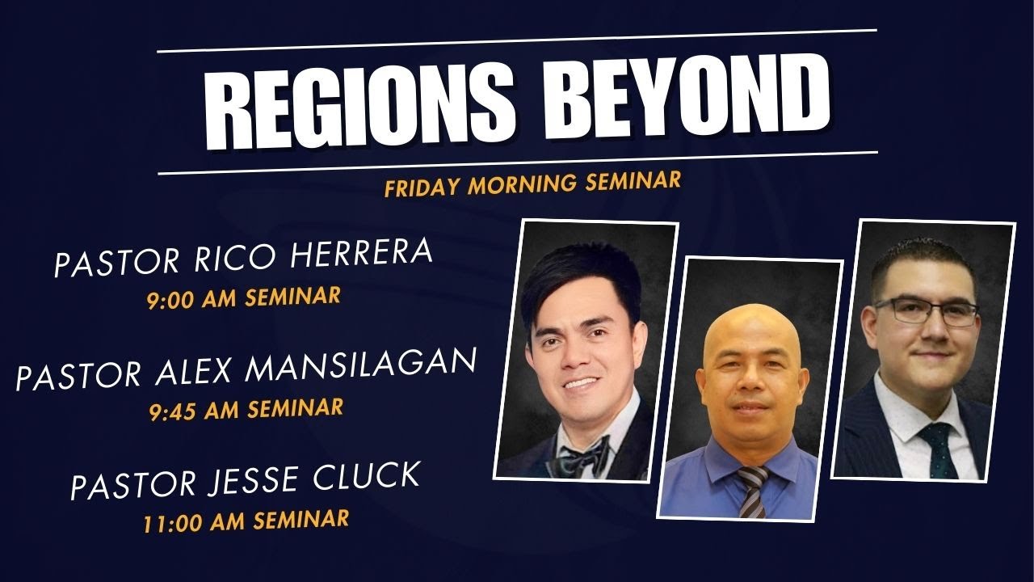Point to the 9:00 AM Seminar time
[243, 297]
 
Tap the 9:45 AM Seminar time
[246, 408]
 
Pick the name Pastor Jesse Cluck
[245, 479]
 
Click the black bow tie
[583, 458]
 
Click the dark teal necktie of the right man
[939, 449]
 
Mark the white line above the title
[517, 41]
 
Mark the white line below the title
[517, 162]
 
